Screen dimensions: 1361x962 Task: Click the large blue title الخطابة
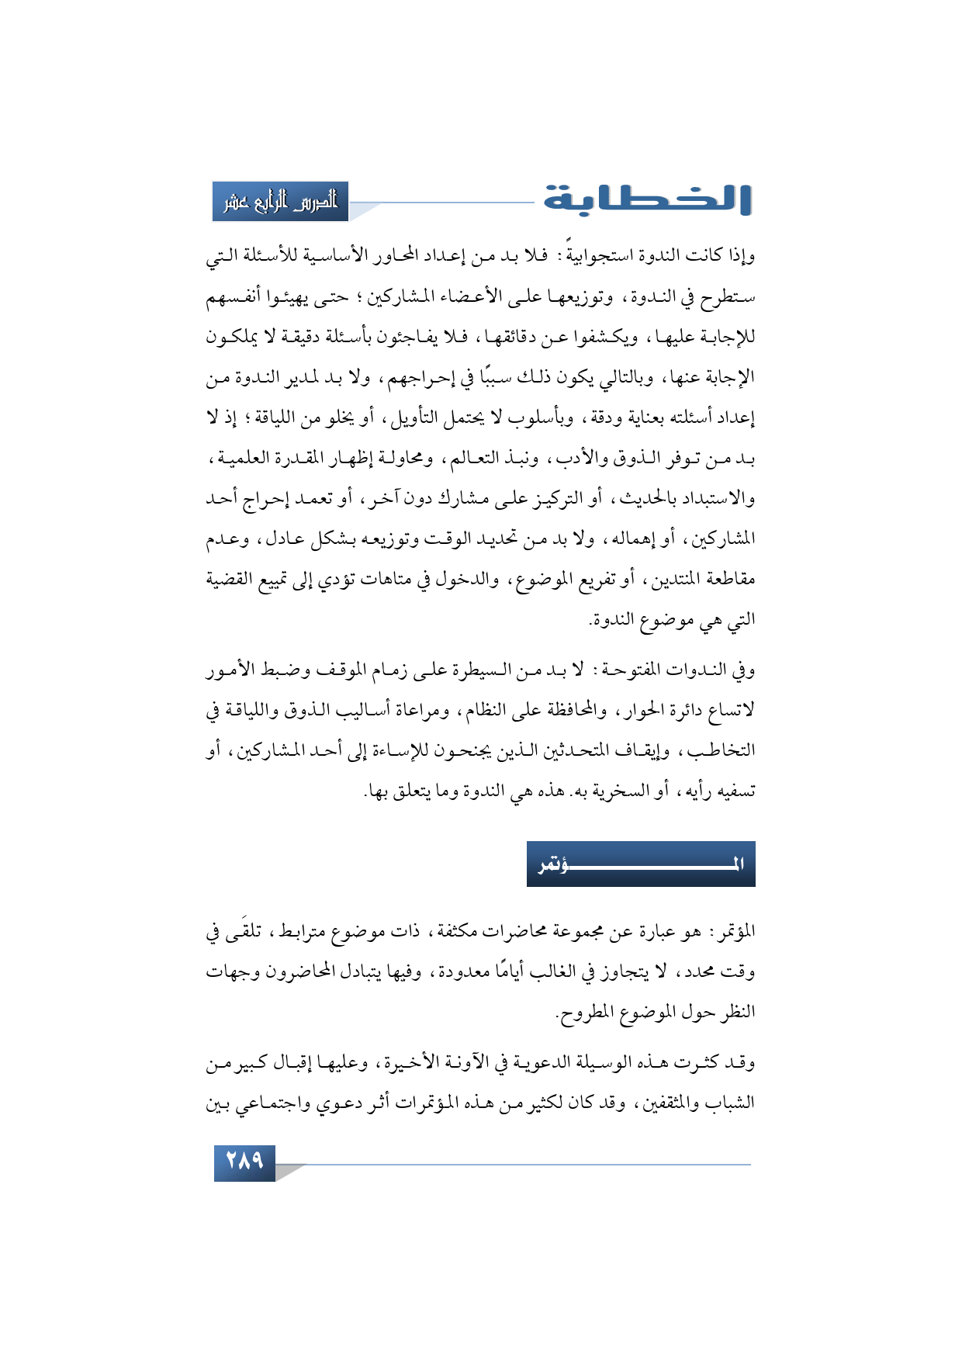pyautogui.click(x=647, y=199)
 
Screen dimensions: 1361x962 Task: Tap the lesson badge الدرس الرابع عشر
pyautogui.click(x=281, y=202)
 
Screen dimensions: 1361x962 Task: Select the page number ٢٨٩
pyautogui.click(x=244, y=1162)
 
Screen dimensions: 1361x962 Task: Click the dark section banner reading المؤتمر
pyautogui.click(x=641, y=864)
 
